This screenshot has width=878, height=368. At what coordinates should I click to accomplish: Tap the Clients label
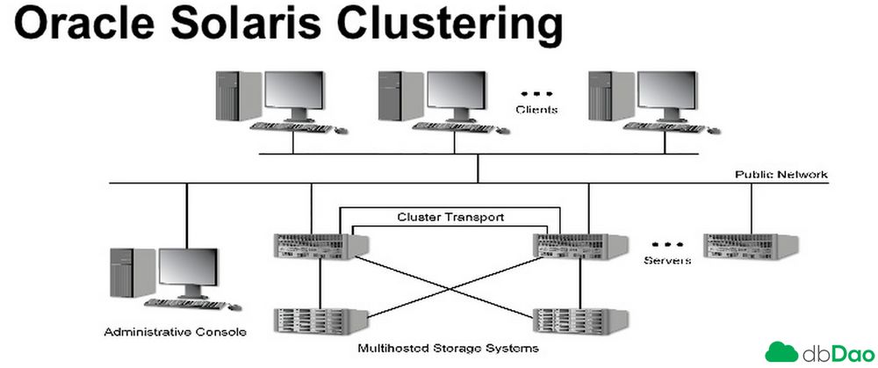[x=536, y=109]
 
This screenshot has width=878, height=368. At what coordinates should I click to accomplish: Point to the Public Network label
[x=781, y=175]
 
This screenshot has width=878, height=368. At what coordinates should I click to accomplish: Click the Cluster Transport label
[x=450, y=216]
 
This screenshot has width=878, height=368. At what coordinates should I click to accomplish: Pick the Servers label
[x=667, y=261]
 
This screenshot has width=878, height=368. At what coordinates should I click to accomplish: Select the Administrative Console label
[x=176, y=332]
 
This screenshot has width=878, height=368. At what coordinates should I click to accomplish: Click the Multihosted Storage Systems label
[x=448, y=349]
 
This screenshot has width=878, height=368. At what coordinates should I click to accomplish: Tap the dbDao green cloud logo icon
[x=782, y=352]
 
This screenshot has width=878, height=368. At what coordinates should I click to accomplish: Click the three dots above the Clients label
[x=536, y=92]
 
